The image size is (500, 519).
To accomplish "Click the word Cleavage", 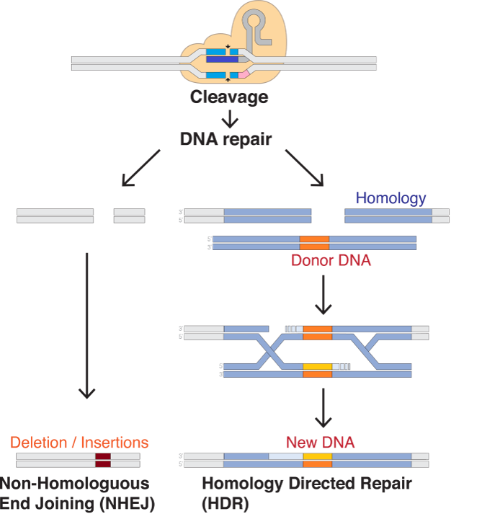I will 229,97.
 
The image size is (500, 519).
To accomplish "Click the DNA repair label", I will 226,139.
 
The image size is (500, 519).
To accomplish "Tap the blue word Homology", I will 391,198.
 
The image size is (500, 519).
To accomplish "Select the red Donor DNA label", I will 331,260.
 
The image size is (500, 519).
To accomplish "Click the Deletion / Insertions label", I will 79,442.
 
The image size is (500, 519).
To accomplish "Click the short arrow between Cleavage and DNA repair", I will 228,117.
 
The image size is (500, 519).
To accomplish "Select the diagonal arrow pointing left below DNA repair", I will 141,167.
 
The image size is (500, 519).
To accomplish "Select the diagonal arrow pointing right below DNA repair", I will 305,168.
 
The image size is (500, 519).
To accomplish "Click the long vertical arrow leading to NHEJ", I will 86,324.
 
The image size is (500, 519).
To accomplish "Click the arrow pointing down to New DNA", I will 323,408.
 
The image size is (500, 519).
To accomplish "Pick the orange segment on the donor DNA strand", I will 314,243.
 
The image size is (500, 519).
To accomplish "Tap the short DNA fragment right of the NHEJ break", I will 129,216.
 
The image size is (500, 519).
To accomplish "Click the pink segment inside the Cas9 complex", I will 244,74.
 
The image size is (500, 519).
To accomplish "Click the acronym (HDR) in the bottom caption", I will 225,502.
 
